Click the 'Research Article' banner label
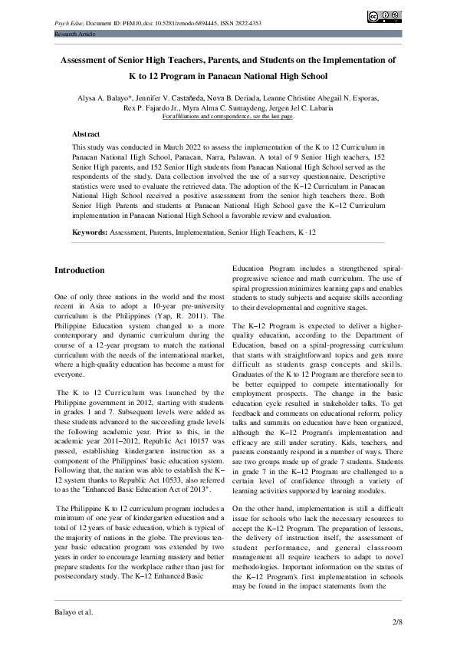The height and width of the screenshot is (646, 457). click(x=74, y=35)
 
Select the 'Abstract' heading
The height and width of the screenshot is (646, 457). click(x=86, y=133)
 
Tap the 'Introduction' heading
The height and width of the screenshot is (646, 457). click(x=80, y=270)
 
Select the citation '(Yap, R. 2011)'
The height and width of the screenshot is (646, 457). click(x=176, y=315)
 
